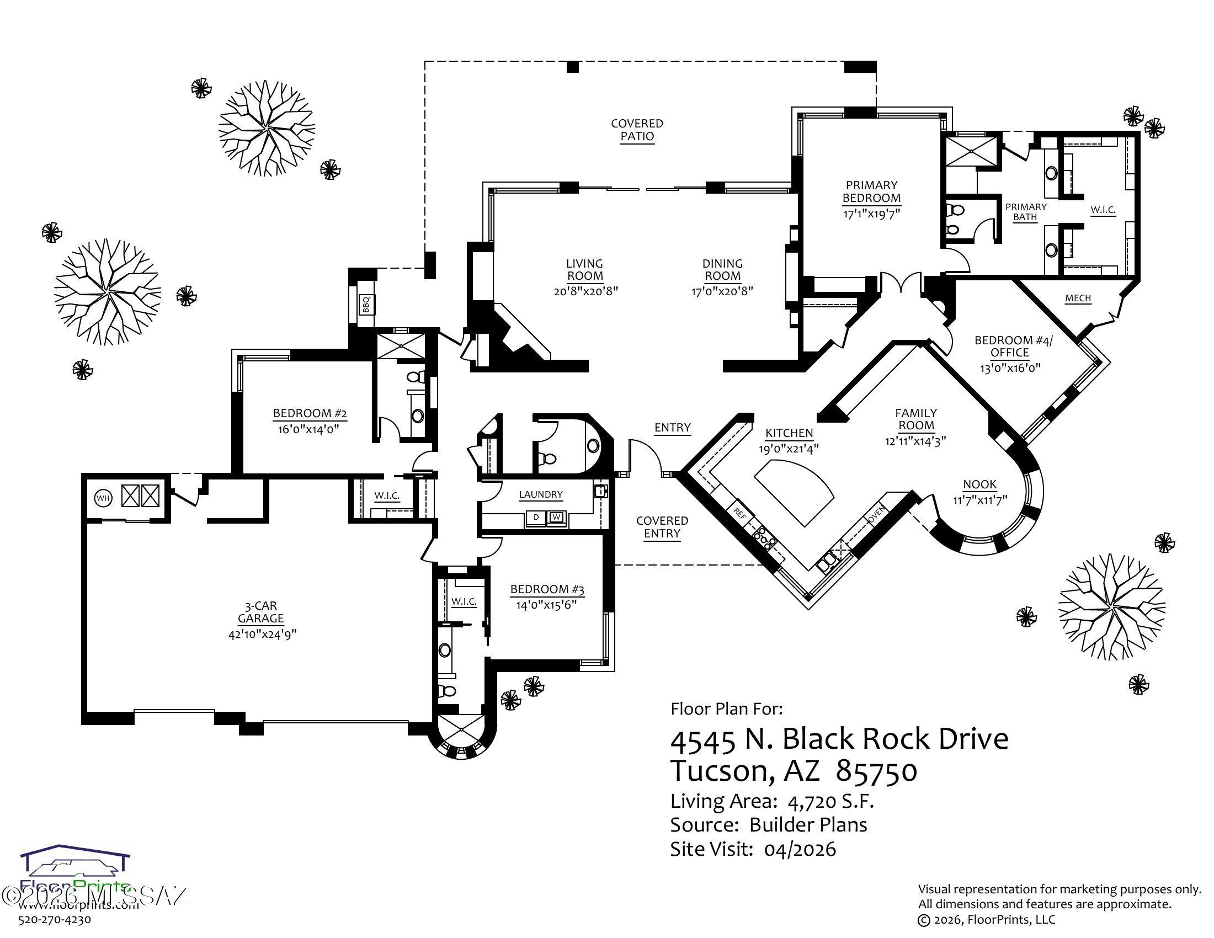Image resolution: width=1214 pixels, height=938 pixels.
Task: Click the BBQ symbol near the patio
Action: coord(366,305)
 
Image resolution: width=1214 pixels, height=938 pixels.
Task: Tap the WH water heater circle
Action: coord(103,498)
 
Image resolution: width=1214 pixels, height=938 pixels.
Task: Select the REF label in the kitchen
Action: coord(740,514)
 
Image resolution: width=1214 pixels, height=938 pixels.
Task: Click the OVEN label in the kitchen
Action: coord(876,515)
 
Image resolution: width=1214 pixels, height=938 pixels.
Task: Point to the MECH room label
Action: coord(1078,299)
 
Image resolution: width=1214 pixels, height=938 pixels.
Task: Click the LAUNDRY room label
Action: coord(541,494)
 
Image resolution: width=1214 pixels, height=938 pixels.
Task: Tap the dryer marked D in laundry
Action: coord(536,518)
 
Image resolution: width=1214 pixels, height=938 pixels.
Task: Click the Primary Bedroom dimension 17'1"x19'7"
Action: coord(871,214)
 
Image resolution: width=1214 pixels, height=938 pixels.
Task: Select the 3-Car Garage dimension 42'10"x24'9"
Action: coord(262,634)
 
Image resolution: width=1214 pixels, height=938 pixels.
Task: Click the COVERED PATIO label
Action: coord(637,130)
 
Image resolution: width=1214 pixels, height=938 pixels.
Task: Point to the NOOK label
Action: coord(980,484)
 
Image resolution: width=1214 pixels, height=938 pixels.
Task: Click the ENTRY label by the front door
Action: coord(672,427)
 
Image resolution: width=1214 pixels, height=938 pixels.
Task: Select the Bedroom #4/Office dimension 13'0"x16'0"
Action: coord(1010,367)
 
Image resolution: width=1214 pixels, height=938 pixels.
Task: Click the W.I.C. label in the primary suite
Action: coord(1103,210)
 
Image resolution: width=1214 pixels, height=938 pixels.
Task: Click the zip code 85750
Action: coord(877,771)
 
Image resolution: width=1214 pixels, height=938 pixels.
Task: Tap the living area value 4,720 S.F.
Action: coord(830,801)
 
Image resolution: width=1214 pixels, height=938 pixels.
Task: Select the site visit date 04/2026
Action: coord(800,850)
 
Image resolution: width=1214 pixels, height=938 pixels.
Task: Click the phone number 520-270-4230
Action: coord(55,920)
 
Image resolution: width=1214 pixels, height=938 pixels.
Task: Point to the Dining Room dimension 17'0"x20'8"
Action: coord(722,291)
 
